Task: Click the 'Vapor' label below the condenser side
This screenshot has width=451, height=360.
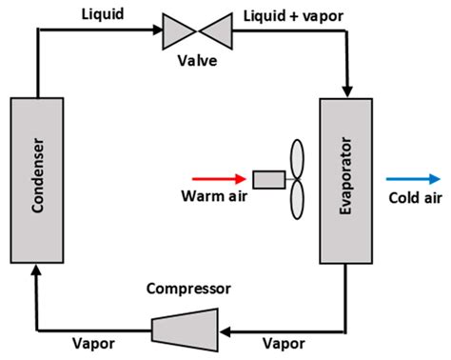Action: point(94,344)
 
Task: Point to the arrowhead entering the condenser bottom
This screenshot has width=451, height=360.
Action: point(35,271)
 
